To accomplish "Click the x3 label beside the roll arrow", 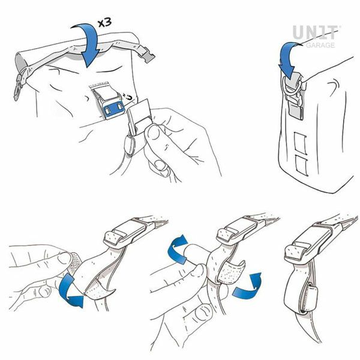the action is point(105,22).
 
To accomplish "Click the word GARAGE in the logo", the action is point(320,45).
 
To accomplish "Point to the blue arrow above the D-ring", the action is point(289,59).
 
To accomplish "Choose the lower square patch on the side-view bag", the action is point(301,166).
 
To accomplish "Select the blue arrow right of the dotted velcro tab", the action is point(248,286).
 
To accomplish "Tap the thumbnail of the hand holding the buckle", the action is point(154,132).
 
